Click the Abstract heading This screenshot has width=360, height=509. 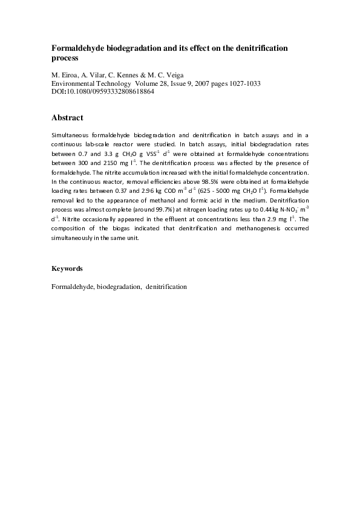click(x=67, y=117)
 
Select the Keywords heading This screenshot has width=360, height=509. click(x=67, y=268)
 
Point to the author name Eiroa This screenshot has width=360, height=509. click(x=68, y=75)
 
